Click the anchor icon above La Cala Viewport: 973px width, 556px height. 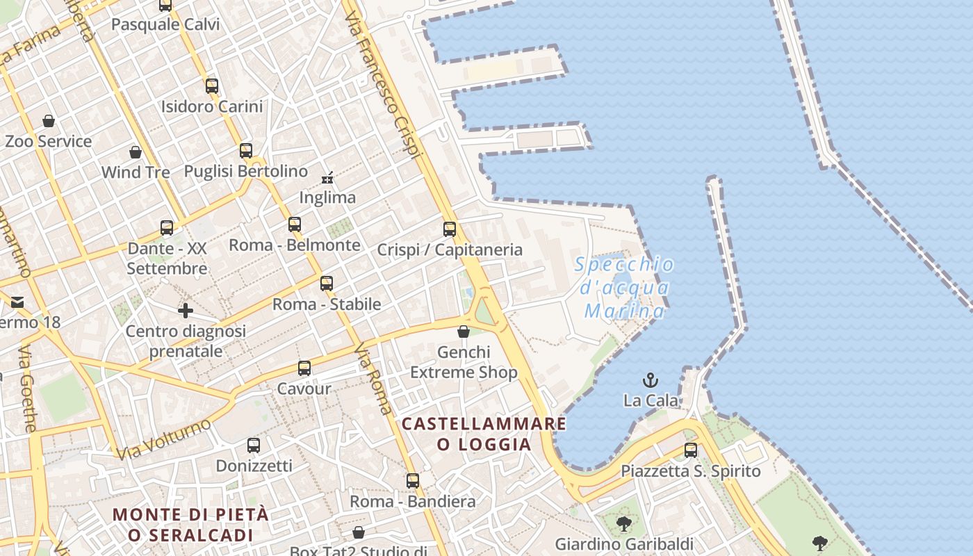click(x=650, y=380)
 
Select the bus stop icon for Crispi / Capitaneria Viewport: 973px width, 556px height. click(x=450, y=229)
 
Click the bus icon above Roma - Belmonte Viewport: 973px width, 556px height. click(x=295, y=224)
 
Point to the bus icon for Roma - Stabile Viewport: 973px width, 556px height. click(x=327, y=283)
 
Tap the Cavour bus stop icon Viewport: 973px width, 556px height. click(x=304, y=368)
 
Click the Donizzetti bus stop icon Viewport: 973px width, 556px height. click(x=254, y=445)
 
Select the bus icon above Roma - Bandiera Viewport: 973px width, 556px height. click(x=413, y=480)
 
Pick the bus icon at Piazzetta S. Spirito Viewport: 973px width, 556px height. click(x=690, y=450)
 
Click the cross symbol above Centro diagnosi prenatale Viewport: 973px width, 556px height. click(x=186, y=311)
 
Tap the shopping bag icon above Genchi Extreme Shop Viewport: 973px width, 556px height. click(x=464, y=332)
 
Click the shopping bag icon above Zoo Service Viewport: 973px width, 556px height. click(x=49, y=121)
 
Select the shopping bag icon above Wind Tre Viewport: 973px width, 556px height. click(x=136, y=152)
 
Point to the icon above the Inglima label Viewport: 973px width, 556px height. click(x=327, y=178)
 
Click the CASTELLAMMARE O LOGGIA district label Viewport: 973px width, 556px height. click(x=484, y=433)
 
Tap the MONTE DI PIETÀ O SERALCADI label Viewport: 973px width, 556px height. click(x=190, y=525)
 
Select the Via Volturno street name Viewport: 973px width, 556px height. click(x=164, y=439)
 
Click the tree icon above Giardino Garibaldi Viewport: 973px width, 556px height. click(x=624, y=523)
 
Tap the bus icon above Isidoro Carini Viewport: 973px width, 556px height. click(x=212, y=86)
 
